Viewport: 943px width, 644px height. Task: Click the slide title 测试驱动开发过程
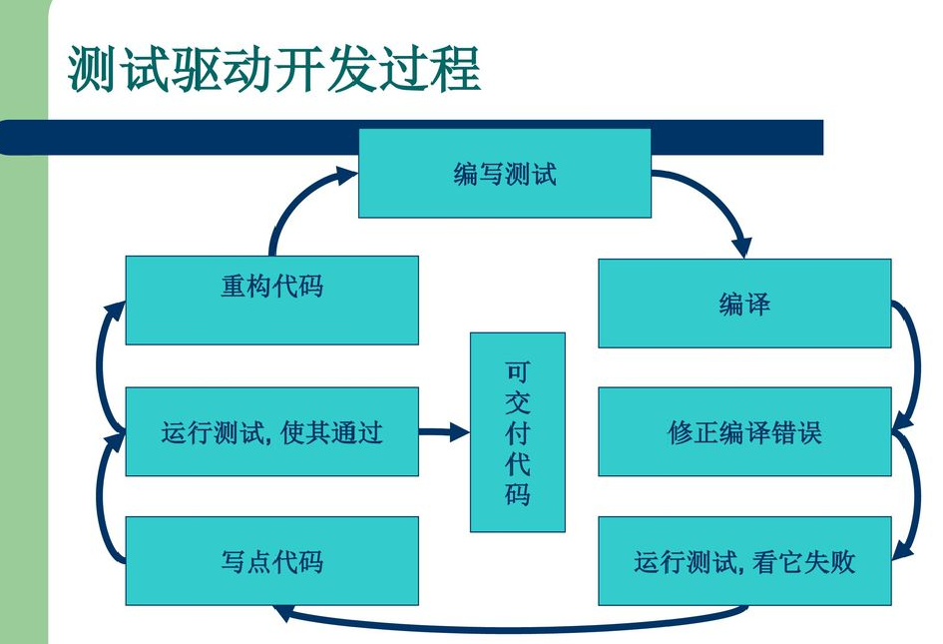[274, 68]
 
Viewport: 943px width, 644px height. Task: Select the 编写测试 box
[504, 174]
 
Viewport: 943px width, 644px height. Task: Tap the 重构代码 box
[271, 300]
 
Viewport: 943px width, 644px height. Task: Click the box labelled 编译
[743, 304]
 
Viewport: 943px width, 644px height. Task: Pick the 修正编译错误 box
[743, 432]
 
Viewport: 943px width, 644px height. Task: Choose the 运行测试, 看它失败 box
[743, 561]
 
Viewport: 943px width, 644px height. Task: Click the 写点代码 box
[271, 561]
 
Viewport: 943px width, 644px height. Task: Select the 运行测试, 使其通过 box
[271, 432]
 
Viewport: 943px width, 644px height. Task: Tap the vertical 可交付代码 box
[517, 432]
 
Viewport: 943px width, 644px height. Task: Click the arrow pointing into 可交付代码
[444, 432]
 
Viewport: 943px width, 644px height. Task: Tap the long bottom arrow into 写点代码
[509, 627]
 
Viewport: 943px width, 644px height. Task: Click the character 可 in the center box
[517, 372]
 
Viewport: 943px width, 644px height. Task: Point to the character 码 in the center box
[517, 494]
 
